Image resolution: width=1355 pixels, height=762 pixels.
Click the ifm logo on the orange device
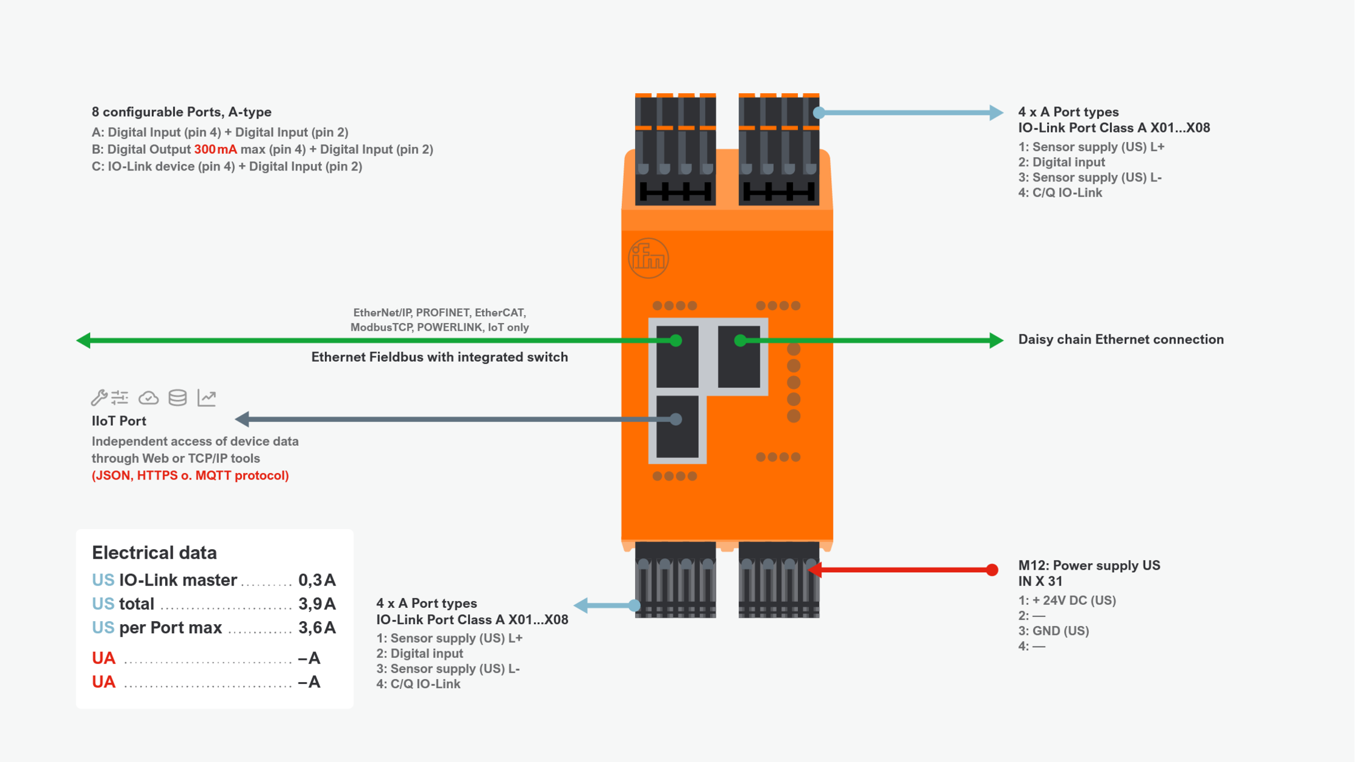[648, 259]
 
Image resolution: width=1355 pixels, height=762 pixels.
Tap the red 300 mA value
[215, 149]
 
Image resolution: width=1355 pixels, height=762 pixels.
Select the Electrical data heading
[154, 553]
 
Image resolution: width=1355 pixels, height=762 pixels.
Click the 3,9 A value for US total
[317, 604]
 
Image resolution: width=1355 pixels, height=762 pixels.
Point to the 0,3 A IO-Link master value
[317, 581]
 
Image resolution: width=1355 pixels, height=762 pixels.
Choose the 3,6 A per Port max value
[317, 628]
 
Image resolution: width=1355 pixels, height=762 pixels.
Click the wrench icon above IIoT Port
[99, 397]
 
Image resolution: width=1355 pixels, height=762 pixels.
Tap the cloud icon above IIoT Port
[148, 398]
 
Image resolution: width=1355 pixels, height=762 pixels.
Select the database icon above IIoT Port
[177, 397]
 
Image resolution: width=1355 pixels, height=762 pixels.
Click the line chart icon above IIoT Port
[207, 397]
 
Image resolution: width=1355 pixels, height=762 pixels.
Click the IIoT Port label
[119, 421]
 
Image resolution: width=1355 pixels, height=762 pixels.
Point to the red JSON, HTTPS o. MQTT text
[190, 476]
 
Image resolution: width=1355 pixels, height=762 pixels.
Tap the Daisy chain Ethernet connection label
[1121, 340]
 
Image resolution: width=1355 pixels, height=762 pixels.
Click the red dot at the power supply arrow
[992, 570]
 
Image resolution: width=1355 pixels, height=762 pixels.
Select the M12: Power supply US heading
[1089, 565]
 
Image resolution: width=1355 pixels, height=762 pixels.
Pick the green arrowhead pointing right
[996, 340]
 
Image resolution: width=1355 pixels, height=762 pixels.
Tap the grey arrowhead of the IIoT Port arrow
[243, 418]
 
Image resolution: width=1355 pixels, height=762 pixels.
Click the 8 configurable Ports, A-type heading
[181, 112]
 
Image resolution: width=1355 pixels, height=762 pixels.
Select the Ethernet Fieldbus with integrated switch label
[439, 357]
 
